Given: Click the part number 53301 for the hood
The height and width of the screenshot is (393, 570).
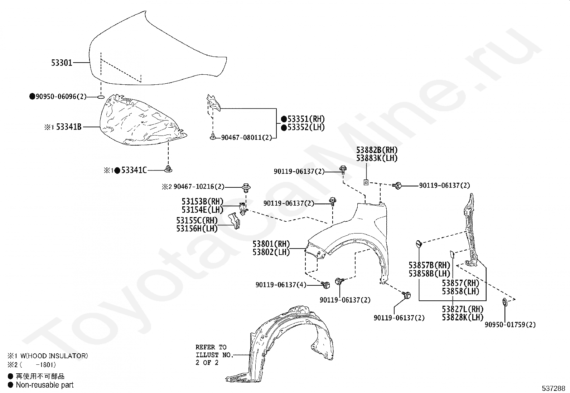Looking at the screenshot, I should pos(62,63).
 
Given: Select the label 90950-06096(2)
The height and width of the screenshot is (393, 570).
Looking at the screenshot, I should pos(61,97).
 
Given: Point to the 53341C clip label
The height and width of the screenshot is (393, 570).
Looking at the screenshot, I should pos(134,171).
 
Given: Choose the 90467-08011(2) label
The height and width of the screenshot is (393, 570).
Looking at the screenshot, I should pos(246,137).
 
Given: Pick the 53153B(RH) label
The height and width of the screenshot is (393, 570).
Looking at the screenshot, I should pos(202,202).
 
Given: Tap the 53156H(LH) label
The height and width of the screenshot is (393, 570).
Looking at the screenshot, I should pos(197,229).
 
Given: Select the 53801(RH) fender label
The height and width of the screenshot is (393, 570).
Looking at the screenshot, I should pos(271,244).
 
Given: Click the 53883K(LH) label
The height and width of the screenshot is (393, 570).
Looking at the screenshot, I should pos(377,158).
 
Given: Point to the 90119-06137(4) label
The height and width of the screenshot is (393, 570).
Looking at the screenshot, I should pos(281,285).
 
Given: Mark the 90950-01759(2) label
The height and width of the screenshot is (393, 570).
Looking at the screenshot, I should pos(510,325).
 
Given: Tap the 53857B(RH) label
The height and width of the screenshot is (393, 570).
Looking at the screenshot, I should pos(429,265).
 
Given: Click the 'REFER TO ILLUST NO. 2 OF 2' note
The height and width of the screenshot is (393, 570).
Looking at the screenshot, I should pos(214,355).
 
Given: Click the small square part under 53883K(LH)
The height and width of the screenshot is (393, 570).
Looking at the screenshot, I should pos(366,182).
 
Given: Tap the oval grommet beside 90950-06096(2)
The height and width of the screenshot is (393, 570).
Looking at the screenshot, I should pos(101,97).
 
